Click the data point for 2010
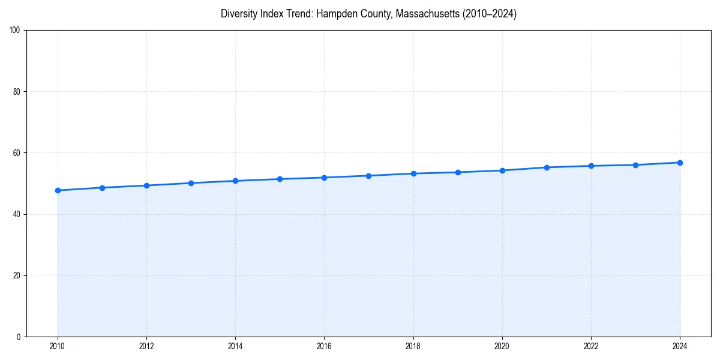pyautogui.click(x=58, y=190)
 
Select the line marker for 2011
pyautogui.click(x=102, y=188)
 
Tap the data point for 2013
pyautogui.click(x=191, y=183)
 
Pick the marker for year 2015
pyautogui.click(x=280, y=179)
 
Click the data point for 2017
pyautogui.click(x=368, y=176)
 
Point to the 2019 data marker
pyautogui.click(x=458, y=172)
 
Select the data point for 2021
pyautogui.click(x=547, y=167)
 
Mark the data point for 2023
pyautogui.click(x=635, y=165)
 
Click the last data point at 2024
pyautogui.click(x=680, y=163)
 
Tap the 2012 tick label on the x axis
pyautogui.click(x=146, y=346)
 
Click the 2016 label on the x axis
pyautogui.click(x=324, y=346)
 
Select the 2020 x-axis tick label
pyautogui.click(x=502, y=346)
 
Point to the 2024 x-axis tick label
pyautogui.click(x=680, y=346)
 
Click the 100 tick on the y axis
pyautogui.click(x=15, y=31)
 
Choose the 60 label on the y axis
pyautogui.click(x=17, y=153)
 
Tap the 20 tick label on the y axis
pyautogui.click(x=17, y=275)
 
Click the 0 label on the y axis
pyautogui.click(x=19, y=337)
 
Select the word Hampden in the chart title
pyautogui.click(x=336, y=14)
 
